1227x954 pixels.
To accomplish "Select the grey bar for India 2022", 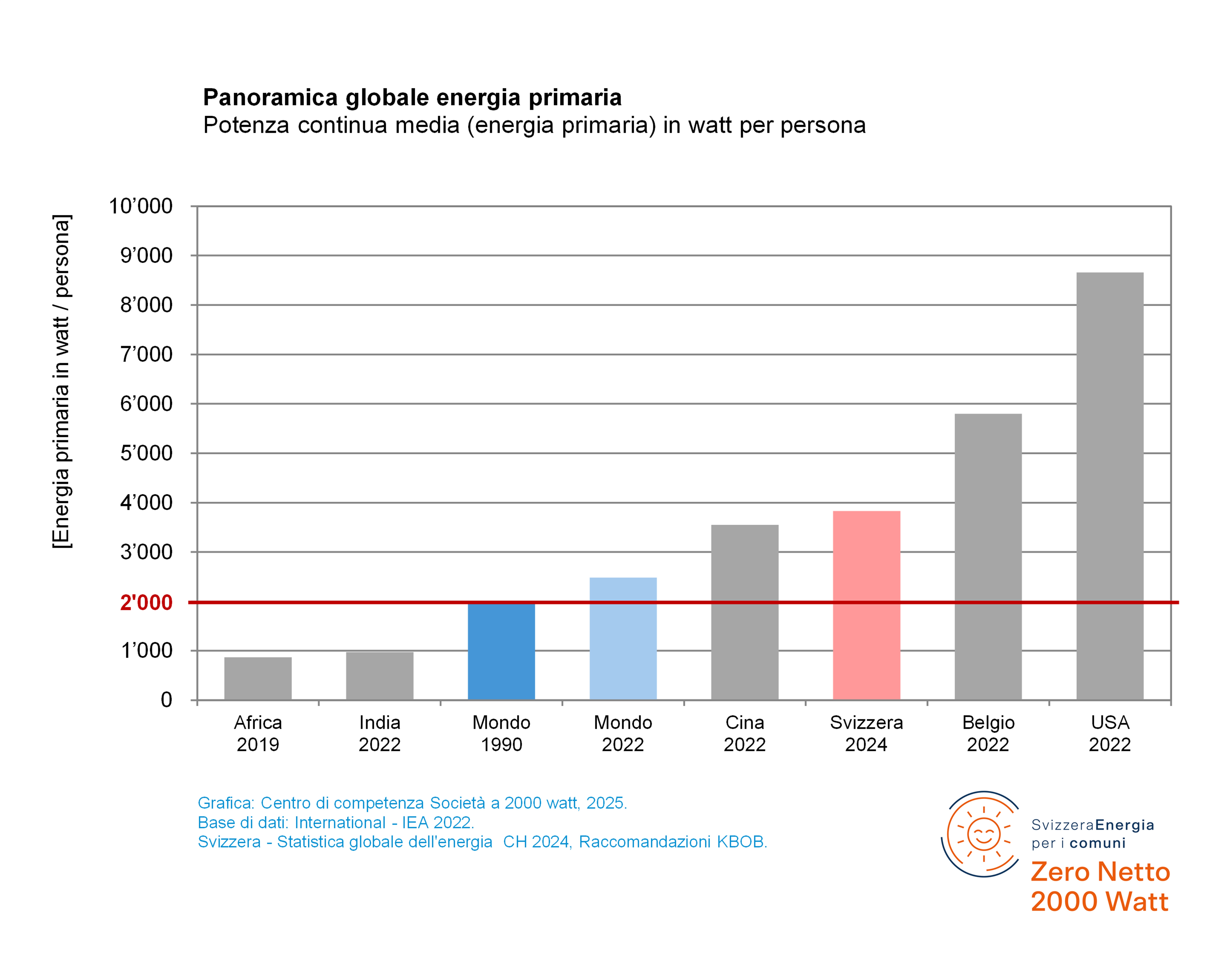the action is pyautogui.click(x=380, y=676).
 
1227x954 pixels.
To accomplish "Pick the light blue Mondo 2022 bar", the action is pyautogui.click(x=623, y=639).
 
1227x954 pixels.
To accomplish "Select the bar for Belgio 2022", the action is pyautogui.click(x=988, y=557).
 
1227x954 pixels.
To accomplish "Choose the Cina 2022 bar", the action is pyautogui.click(x=745, y=612).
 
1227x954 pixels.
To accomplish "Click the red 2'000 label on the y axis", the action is pyautogui.click(x=146, y=602).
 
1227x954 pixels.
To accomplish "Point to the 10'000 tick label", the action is pyautogui.click(x=141, y=206).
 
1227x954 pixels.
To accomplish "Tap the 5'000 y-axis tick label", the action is pyautogui.click(x=146, y=453).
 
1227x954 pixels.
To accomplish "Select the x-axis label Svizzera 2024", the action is pyautogui.click(x=866, y=733).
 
